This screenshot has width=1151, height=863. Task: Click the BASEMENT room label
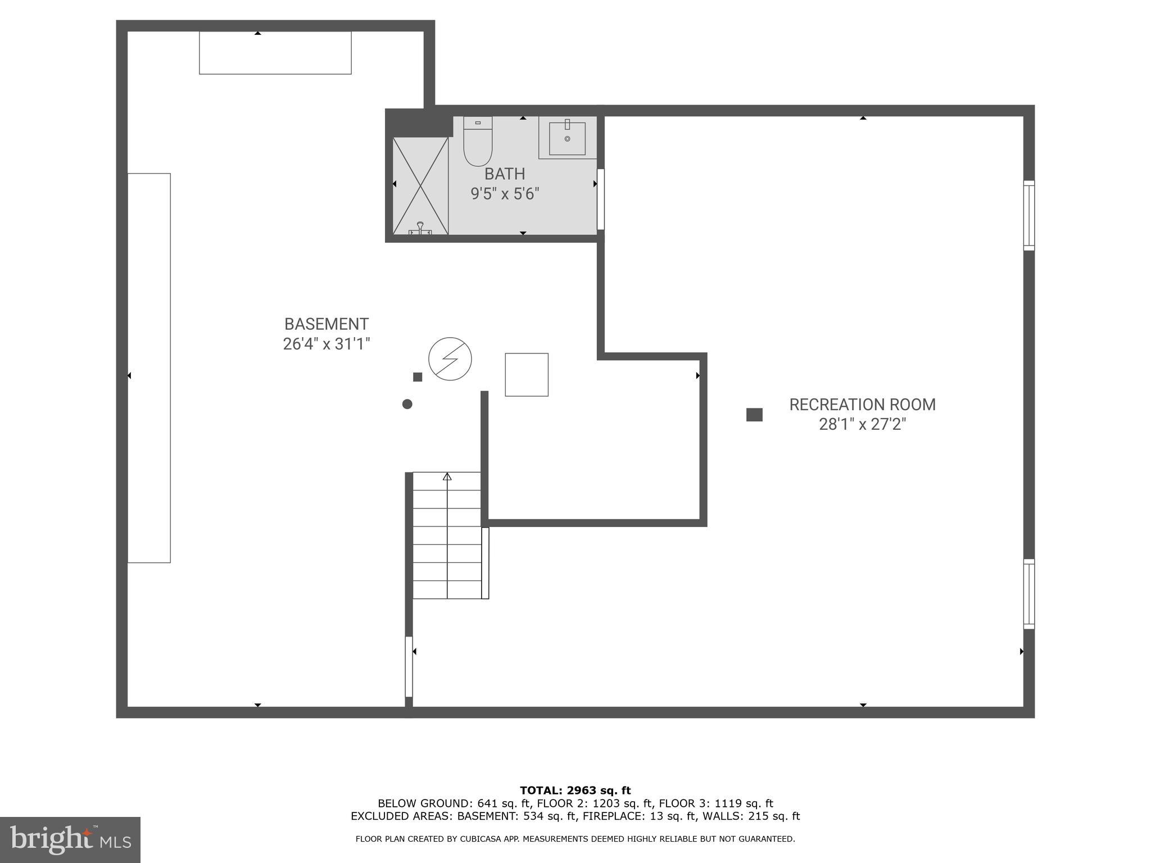(327, 324)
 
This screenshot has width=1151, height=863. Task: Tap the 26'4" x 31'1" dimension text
(327, 344)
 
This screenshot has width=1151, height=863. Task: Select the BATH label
(505, 174)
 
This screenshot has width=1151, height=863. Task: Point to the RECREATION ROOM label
(862, 405)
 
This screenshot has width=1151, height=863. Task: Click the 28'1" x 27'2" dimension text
(862, 424)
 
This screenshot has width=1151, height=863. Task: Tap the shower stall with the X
(420, 186)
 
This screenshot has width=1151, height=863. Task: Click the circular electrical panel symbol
(450, 359)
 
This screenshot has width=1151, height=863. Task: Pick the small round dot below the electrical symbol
(407, 404)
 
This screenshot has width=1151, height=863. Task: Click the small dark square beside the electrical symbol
(418, 377)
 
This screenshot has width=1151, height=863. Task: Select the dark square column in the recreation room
(754, 415)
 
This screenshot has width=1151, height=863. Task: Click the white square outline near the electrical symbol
(527, 375)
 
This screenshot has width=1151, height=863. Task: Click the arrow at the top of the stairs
(447, 477)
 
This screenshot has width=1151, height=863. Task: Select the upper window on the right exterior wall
(1028, 215)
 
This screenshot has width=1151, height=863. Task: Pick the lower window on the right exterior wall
(1028, 594)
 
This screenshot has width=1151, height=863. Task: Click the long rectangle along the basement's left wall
(149, 368)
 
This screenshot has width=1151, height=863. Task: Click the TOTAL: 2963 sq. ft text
(575, 791)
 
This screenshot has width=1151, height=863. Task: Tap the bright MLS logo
(70, 839)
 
